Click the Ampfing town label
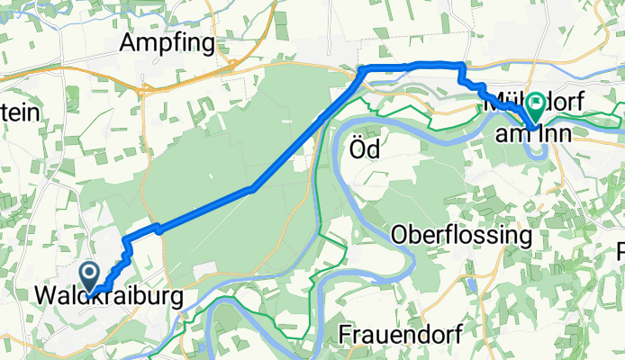tap(168, 42)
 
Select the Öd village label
tap(364, 150)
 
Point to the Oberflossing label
tap(461, 236)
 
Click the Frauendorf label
tap(401, 335)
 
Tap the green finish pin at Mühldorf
tap(535, 108)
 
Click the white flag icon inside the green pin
tap(535, 104)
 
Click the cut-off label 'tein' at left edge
tap(20, 112)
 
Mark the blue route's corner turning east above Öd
tap(362, 70)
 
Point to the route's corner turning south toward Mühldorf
tap(461, 67)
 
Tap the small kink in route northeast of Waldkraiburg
tap(157, 228)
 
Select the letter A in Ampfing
tap(130, 42)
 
